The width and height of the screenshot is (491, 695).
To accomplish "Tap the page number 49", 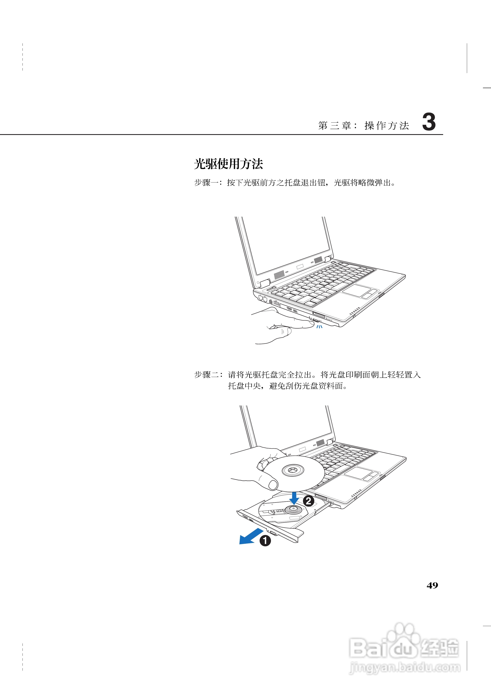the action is [432, 585].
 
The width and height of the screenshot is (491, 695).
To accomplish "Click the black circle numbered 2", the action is [308, 501].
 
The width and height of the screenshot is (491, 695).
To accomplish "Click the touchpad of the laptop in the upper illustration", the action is [357, 291].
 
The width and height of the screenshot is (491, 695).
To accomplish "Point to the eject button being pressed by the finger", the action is [315, 320].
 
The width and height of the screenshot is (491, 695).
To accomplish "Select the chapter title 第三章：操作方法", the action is [363, 125].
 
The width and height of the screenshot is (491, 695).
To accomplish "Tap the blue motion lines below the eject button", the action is [319, 327].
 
